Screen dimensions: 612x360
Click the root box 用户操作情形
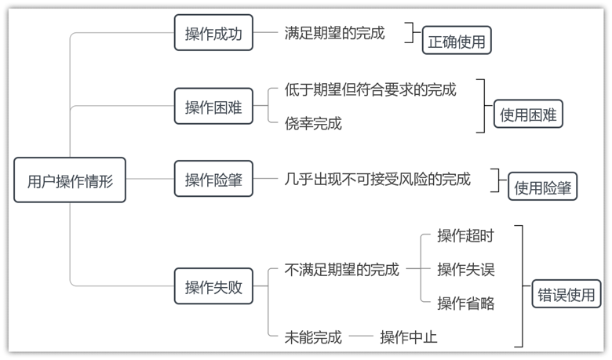(70, 180)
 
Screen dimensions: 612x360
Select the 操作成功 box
(213, 32)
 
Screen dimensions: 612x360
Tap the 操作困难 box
(213, 106)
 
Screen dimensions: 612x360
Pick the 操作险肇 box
(213, 179)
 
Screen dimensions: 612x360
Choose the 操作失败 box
(213, 286)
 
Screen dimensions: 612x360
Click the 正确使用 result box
(457, 40)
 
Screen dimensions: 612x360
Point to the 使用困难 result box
(528, 114)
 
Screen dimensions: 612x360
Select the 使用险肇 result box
(542, 187)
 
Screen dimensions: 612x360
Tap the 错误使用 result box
(566, 293)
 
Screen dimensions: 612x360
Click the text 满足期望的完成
(334, 33)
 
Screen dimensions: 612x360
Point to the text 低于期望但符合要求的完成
(370, 89)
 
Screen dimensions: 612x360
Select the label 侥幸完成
(313, 123)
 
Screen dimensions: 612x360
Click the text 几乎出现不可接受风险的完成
(377, 179)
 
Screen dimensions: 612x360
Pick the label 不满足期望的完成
(342, 270)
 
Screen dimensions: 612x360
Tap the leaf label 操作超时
(465, 235)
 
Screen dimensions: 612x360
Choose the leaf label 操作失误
(465, 269)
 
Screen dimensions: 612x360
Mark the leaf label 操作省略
(465, 303)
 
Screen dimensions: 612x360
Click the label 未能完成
(313, 337)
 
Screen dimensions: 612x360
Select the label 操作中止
(409, 337)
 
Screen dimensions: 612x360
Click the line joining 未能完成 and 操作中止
(361, 336)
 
